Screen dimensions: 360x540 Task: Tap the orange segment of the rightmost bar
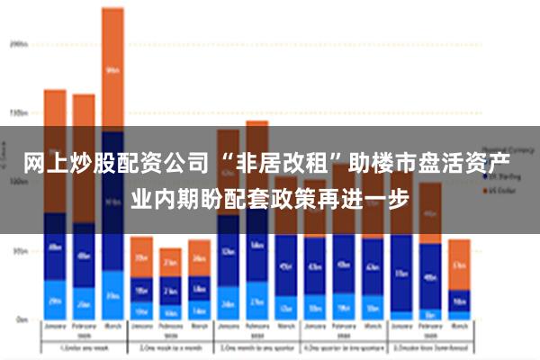point(460,265)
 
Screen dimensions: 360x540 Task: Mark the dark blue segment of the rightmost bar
point(460,301)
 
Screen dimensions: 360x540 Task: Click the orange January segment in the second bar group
point(140,256)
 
